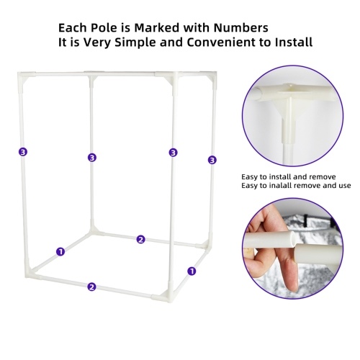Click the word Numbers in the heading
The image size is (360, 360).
point(240,28)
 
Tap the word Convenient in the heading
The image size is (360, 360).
point(221,42)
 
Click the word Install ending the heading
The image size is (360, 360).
point(294,42)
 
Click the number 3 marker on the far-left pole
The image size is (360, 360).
point(23,152)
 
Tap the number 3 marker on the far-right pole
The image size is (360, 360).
point(212,160)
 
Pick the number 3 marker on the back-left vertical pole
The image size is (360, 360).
point(92,158)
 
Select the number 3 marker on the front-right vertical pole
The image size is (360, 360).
point(174,153)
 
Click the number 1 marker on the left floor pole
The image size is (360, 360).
point(60,252)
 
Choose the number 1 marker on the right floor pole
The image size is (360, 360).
point(192,271)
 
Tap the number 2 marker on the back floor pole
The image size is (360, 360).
point(141,239)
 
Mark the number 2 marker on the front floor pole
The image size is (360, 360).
point(91,287)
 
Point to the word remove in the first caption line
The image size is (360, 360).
point(323,177)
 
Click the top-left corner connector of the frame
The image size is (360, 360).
point(23,77)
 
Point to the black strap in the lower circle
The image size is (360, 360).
point(305,219)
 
